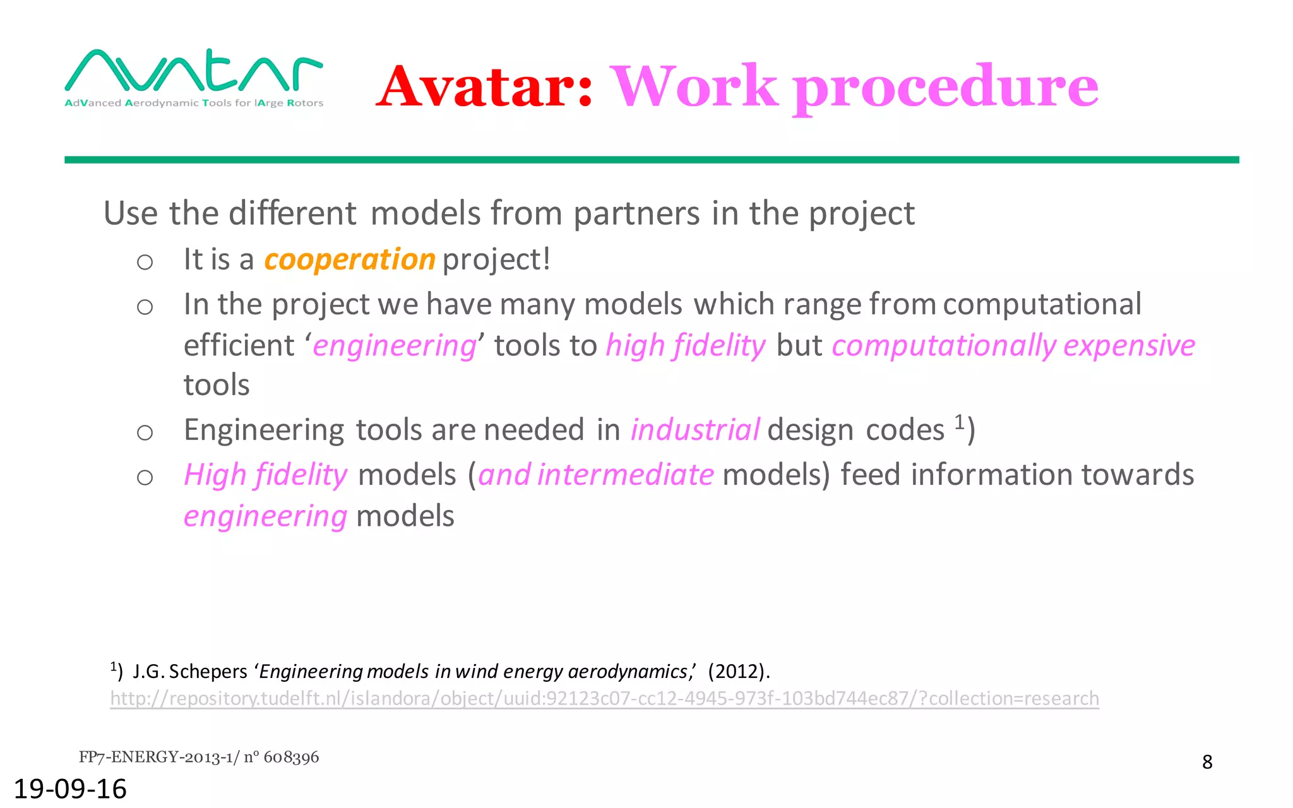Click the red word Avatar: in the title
pos(485,87)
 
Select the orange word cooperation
pos(350,259)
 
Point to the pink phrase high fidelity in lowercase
pos(686,346)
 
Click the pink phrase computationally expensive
pos(1013,346)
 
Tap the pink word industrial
pos(695,431)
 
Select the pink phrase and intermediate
pos(596,475)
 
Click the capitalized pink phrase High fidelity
pos(265,475)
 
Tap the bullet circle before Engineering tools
pos(145,432)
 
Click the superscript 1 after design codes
pos(959,421)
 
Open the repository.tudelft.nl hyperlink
pos(604,699)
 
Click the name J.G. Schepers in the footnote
pos(190,671)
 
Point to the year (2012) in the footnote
pos(737,671)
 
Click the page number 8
pos(1207,763)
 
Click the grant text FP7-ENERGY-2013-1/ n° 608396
pos(199,757)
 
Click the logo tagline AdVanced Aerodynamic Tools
pos(193,103)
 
